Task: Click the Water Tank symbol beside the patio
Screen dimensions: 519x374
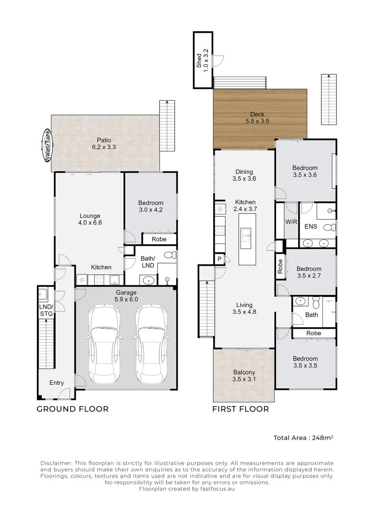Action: click(x=48, y=146)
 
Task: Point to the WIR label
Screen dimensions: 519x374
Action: click(x=291, y=222)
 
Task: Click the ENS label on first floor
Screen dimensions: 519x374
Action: click(x=311, y=226)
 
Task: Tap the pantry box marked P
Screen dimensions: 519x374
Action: click(x=219, y=259)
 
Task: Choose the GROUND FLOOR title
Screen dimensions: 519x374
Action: click(x=72, y=409)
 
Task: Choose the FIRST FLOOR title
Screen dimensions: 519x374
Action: click(x=241, y=409)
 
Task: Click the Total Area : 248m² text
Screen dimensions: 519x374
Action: click(x=303, y=438)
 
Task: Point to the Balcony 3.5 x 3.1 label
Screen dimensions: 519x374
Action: click(x=244, y=375)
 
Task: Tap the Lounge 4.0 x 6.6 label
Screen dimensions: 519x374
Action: click(x=90, y=219)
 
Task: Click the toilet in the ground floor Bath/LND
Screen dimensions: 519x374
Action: click(x=169, y=255)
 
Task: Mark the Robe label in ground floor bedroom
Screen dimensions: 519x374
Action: click(x=159, y=239)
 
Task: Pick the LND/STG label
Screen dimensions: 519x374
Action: click(x=46, y=309)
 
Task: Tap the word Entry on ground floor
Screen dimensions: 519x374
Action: click(x=57, y=383)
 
